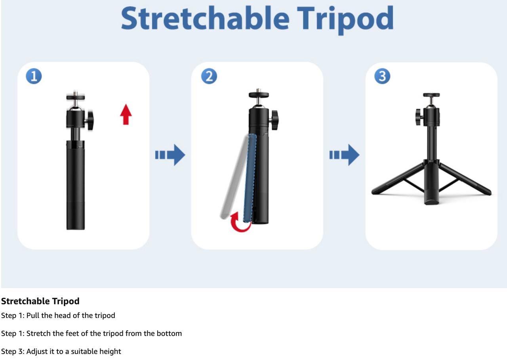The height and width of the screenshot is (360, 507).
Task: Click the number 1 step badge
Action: (x=34, y=76)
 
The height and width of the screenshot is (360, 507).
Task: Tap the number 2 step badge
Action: (x=209, y=76)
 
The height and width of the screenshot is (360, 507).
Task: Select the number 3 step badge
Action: (x=382, y=76)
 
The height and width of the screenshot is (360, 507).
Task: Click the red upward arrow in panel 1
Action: (x=126, y=115)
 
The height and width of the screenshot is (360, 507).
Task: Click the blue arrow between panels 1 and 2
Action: (x=170, y=155)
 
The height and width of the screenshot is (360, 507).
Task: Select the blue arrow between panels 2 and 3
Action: (x=344, y=155)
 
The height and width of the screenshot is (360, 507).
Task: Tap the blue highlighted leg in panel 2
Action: (x=250, y=178)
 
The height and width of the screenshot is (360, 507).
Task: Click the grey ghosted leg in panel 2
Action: (x=234, y=177)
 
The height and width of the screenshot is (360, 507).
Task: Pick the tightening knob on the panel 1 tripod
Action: (x=90, y=121)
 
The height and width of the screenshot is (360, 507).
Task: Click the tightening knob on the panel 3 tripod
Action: (x=419, y=117)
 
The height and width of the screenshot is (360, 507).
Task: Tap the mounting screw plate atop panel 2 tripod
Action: (x=259, y=94)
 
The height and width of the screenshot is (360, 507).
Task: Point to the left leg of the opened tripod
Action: (x=398, y=179)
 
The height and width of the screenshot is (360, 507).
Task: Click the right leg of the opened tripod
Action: (x=465, y=179)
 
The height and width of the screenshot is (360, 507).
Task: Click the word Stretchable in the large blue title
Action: (x=205, y=18)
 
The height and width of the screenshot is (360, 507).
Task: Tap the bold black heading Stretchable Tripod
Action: (x=40, y=301)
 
